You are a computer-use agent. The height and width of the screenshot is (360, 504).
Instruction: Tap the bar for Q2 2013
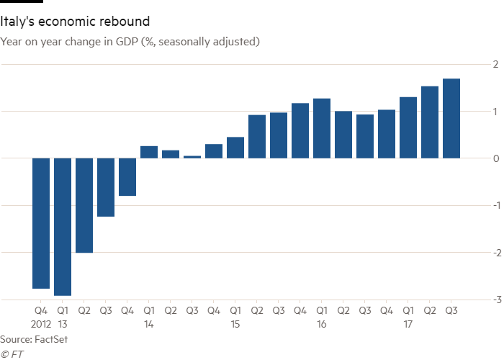click(x=84, y=205)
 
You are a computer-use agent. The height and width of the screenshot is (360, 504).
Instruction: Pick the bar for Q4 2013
click(x=127, y=177)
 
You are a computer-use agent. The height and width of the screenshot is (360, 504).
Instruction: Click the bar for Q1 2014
click(x=149, y=152)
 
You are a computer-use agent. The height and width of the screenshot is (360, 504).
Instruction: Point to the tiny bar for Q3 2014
click(x=192, y=156)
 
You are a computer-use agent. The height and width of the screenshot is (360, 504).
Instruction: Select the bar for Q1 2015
click(x=235, y=148)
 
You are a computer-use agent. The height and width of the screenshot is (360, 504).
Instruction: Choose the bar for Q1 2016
click(x=322, y=128)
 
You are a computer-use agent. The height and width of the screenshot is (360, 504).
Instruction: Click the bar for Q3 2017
click(x=451, y=118)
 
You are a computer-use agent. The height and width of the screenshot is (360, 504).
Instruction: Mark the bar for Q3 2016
click(x=365, y=136)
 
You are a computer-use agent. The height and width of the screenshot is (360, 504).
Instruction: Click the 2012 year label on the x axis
click(x=41, y=325)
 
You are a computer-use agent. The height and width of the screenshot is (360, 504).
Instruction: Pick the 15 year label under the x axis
click(x=235, y=325)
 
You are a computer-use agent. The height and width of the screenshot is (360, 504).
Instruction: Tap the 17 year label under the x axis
click(x=408, y=325)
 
